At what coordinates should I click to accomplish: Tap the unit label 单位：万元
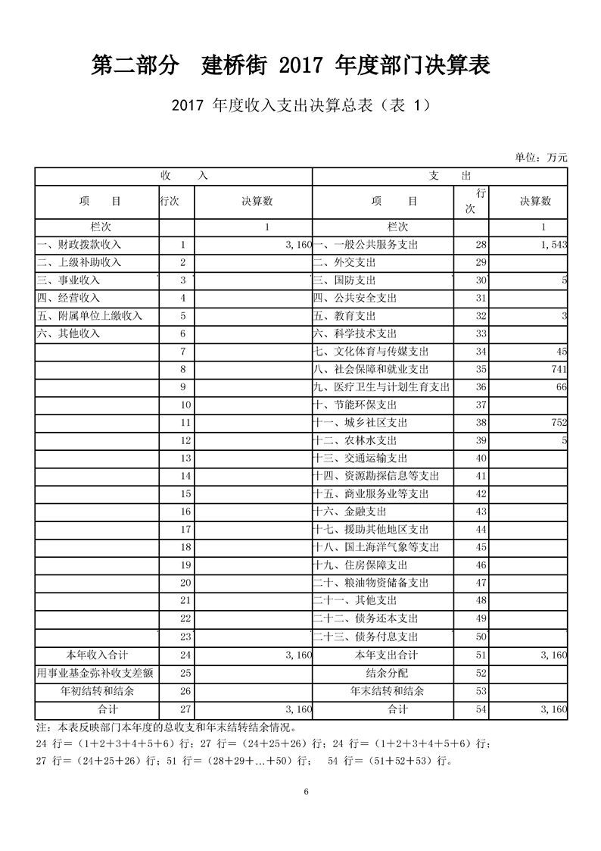point(540,158)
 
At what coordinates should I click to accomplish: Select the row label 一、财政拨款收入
point(79,245)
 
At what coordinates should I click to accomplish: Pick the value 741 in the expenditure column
point(559,369)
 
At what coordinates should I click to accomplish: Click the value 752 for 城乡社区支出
point(559,423)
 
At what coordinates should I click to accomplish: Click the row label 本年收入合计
point(96,655)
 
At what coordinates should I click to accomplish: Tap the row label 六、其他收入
point(69,333)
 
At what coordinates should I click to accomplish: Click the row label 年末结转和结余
point(386,691)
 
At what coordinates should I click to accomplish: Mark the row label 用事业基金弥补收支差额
point(96,673)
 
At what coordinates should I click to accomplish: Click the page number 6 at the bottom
point(306,792)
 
